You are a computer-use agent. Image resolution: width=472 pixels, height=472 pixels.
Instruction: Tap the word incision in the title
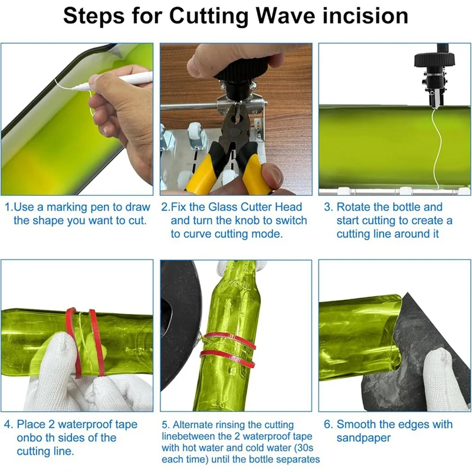click(365, 16)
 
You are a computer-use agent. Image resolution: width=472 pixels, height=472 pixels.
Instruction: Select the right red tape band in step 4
click(97, 343)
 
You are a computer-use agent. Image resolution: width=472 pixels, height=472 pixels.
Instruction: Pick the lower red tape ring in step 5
click(228, 358)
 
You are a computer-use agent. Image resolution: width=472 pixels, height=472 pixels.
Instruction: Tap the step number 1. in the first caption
click(9, 207)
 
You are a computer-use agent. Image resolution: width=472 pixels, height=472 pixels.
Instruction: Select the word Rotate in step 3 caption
click(354, 207)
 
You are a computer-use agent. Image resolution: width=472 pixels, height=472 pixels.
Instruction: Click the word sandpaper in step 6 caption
click(363, 438)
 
